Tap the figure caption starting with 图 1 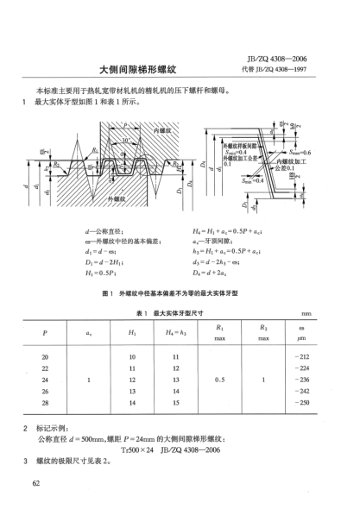click(180, 293)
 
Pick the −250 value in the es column click(301, 402)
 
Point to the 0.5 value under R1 click(219, 379)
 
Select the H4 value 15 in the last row click(174, 402)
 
